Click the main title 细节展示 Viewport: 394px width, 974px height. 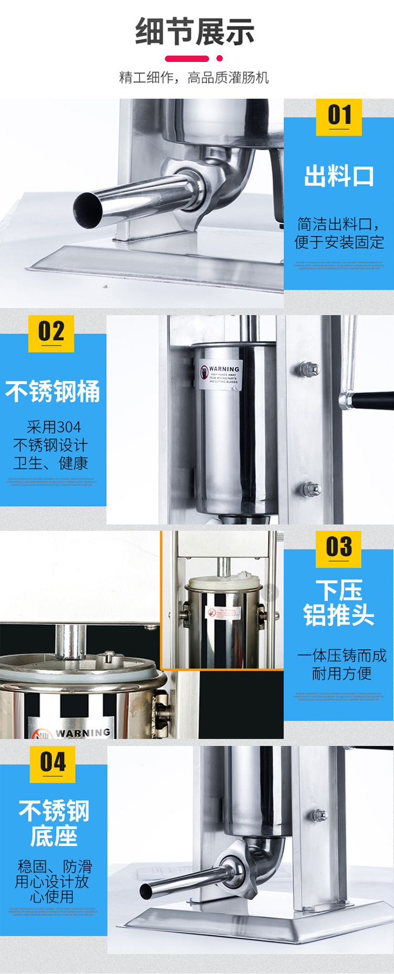pos(195,31)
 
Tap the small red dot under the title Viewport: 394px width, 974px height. pos(220,58)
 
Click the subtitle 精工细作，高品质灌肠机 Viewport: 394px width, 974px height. pos(194,78)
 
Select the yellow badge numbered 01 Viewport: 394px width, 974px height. pos(339,116)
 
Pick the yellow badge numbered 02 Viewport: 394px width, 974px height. pos(51,333)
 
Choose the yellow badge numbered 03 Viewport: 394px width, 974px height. pos(339,548)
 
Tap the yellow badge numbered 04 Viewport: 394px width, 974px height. pos(53,763)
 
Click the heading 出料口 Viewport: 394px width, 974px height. pos(339,176)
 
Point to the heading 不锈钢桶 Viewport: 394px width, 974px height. pos(53,391)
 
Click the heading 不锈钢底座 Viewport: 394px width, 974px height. pos(54,823)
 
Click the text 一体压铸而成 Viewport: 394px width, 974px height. pos(341,655)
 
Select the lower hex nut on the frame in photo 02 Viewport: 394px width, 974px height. pos(311,489)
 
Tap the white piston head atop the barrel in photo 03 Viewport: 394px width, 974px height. pos(224,583)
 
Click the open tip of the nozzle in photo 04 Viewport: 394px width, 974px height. pos(146,891)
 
